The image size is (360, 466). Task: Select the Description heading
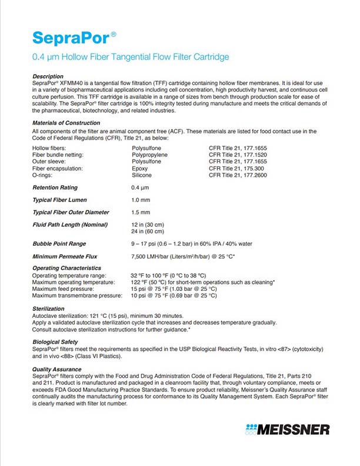48,77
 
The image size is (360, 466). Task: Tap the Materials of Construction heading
65,123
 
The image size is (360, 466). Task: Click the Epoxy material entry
140,168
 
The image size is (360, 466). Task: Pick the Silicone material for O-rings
142,175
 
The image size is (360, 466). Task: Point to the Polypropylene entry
149,154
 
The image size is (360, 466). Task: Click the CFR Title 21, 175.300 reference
236,168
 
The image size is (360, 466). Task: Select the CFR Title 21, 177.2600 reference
238,175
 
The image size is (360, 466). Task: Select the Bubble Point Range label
59,243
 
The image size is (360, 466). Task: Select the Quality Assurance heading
58,369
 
